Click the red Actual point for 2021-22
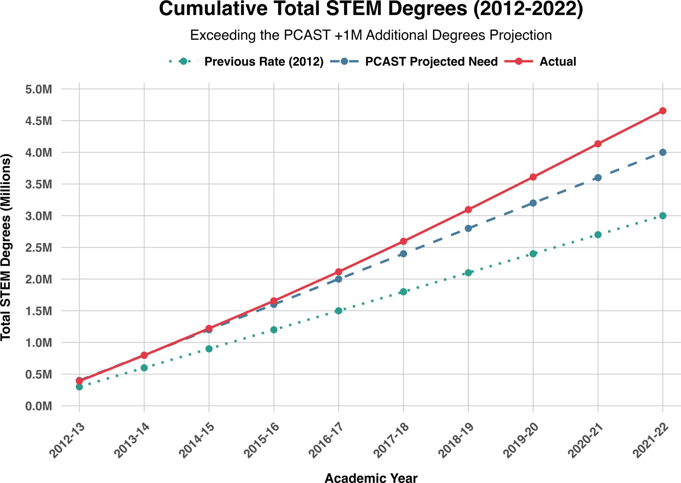663,111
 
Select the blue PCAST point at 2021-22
663,152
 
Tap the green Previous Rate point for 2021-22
663,216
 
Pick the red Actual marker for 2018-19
468,210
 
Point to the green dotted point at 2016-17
339,311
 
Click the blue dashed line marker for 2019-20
533,203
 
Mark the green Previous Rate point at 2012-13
79,387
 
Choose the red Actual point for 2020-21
598,144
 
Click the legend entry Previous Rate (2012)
264,62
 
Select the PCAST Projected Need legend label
431,62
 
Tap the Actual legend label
558,62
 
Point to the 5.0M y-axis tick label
39,89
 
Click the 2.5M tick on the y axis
39,248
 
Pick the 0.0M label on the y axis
39,406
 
